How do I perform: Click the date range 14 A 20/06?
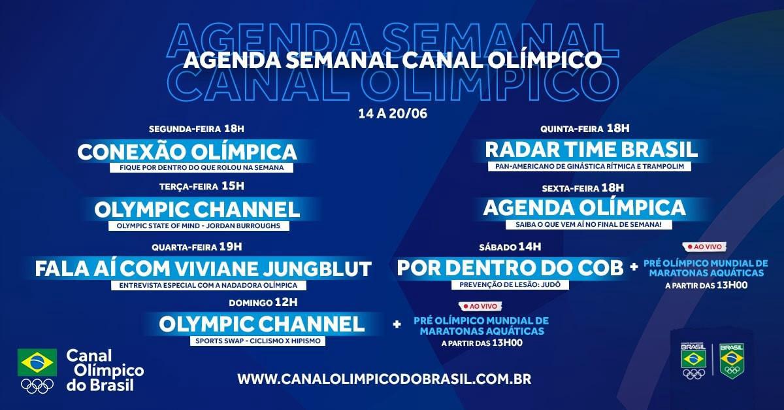[x=393, y=114]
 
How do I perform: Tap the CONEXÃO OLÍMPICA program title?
[x=188, y=152]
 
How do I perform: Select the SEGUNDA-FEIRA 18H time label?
[x=197, y=129]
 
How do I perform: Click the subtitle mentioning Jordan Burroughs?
[x=199, y=226]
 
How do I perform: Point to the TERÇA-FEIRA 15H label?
[x=202, y=186]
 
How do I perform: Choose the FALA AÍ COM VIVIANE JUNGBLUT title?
[x=203, y=269]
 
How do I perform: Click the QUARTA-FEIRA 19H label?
[x=197, y=247]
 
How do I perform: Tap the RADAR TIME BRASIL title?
[x=591, y=150]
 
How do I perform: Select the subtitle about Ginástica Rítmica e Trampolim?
[x=590, y=167]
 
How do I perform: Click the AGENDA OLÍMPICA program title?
[x=585, y=208]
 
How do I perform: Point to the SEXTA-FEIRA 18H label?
[x=583, y=188]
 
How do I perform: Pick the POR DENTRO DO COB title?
[x=510, y=268]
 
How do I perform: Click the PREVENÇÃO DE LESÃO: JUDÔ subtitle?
[x=510, y=284]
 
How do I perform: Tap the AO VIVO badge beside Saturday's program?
[x=704, y=247]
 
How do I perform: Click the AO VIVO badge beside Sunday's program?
[x=480, y=306]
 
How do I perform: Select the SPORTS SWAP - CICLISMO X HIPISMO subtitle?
[x=258, y=341]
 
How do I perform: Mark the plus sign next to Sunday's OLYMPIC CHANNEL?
[x=397, y=324]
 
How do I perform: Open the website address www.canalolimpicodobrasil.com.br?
[x=384, y=379]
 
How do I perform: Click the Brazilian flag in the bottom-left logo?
[x=37, y=362]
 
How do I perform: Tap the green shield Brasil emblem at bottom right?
[x=732, y=362]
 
